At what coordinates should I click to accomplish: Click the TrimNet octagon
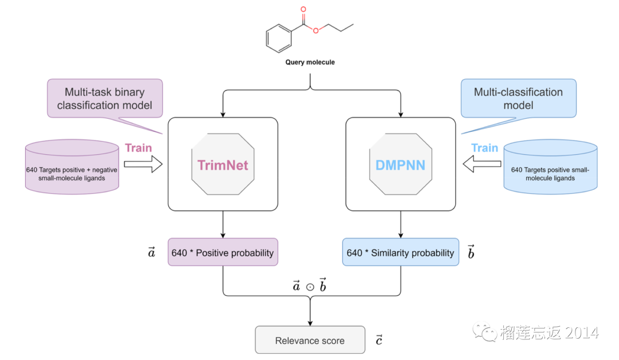222,165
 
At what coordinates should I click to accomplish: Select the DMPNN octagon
400,165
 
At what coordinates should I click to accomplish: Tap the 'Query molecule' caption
309,62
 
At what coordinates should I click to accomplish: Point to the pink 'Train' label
139,148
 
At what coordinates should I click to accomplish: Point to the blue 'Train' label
485,148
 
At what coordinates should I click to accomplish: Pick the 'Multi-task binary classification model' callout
105,99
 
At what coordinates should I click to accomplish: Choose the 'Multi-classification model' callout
518,99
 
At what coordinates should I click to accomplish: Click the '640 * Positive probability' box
222,253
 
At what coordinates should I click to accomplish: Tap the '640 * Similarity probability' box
400,253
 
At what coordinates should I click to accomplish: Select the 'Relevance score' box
309,341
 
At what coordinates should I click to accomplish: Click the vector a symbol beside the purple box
151,252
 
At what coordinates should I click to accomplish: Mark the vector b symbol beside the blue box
471,252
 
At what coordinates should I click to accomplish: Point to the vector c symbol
379,340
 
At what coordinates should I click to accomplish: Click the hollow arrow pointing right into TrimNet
143,165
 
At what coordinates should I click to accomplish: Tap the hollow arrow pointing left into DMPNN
480,165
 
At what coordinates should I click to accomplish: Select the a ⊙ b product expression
309,286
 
